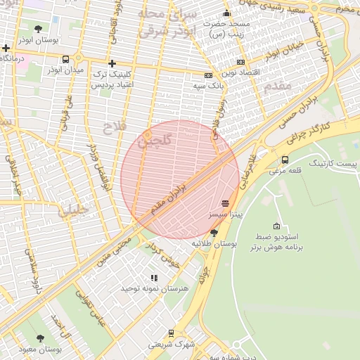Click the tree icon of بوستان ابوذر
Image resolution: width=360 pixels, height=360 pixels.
click(38, 29)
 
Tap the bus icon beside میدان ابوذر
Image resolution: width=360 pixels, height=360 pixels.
click(65, 60)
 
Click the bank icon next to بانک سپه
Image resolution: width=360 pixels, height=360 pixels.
click(208, 75)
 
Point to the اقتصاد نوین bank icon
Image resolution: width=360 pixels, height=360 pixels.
click(241, 62)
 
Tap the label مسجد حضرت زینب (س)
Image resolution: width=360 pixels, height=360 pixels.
click(226, 28)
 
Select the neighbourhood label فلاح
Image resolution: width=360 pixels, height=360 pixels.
click(113, 127)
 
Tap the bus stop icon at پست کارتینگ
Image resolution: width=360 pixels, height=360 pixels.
click(285, 160)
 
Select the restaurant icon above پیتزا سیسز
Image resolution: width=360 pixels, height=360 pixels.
click(225, 202)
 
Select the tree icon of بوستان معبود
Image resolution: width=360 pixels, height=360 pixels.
click(40, 338)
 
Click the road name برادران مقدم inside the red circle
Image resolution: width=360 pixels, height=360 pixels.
click(168, 199)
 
